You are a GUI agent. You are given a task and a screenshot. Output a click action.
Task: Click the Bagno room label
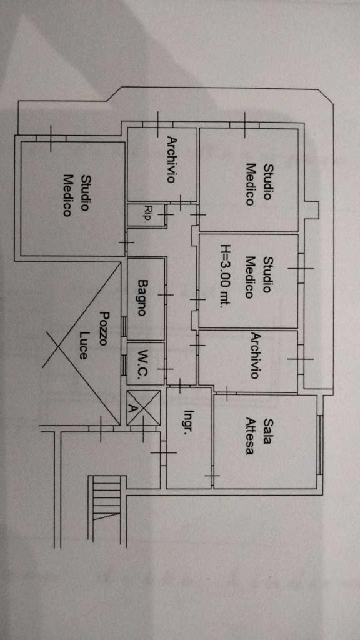(x=142, y=297)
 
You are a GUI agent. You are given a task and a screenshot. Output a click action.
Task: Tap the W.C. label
(x=142, y=364)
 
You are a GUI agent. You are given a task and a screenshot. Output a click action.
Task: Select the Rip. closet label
(x=147, y=214)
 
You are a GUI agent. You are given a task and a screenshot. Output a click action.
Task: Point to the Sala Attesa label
(x=258, y=436)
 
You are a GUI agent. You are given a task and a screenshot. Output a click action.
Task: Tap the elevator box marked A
(x=143, y=408)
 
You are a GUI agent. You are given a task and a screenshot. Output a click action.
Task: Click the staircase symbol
(x=107, y=497)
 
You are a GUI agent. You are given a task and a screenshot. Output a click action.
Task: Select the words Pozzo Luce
(x=93, y=335)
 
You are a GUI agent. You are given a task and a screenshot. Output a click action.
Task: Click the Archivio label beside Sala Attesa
(x=255, y=356)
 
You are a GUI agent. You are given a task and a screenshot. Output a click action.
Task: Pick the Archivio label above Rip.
(x=172, y=159)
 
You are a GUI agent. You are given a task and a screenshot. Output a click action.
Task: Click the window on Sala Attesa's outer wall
(x=320, y=444)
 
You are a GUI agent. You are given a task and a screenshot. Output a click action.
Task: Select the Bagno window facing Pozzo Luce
(x=123, y=326)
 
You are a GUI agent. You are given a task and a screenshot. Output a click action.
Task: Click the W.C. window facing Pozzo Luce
(x=123, y=365)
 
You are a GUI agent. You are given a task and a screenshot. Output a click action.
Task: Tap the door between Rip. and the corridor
(x=166, y=214)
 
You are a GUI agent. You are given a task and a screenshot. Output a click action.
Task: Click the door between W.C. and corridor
(x=166, y=369)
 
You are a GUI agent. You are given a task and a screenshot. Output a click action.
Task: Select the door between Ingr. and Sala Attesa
(x=212, y=476)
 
